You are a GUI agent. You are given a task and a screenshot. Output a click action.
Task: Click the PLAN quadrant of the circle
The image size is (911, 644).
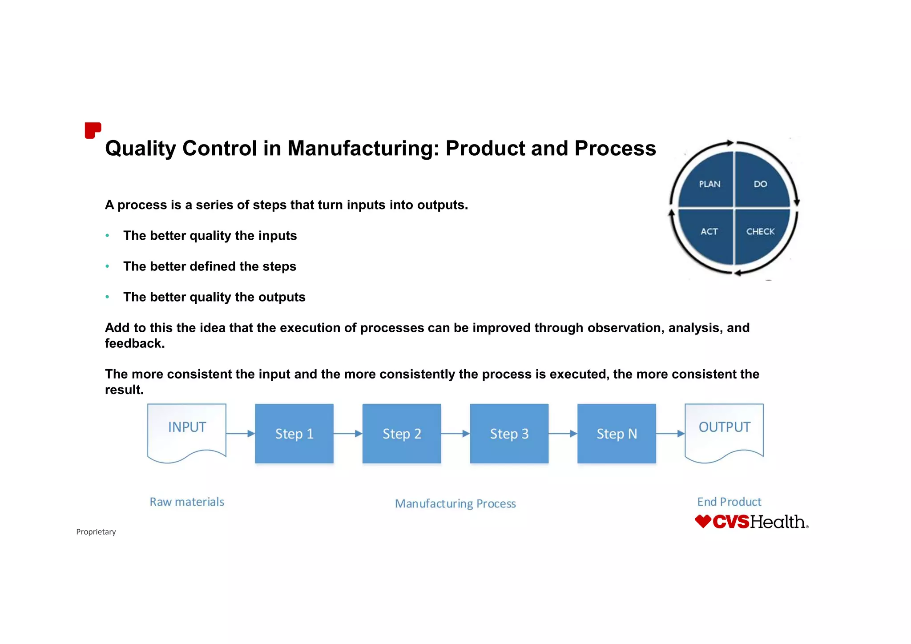coord(709,184)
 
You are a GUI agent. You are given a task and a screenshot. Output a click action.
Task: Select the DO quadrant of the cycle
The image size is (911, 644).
coord(760,184)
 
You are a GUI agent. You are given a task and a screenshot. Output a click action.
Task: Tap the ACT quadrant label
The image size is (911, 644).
coord(709,231)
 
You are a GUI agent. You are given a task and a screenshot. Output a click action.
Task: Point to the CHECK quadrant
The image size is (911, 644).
coord(760,231)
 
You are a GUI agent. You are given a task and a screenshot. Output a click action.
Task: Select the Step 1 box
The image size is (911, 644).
coord(294,434)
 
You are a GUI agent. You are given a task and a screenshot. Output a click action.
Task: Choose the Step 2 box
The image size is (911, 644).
coord(402,434)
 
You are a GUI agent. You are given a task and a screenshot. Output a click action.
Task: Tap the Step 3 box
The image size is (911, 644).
coord(509,434)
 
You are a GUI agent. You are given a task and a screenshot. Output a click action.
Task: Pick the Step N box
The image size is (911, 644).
coord(617,434)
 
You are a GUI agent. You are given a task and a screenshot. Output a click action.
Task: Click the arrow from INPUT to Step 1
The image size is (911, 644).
coord(240,433)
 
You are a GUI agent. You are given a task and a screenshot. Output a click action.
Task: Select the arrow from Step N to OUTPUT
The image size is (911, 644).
coord(670,433)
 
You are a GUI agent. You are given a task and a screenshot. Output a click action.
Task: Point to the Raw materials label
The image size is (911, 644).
coord(187,502)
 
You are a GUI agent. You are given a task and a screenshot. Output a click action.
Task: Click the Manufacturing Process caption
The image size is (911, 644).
coord(455,503)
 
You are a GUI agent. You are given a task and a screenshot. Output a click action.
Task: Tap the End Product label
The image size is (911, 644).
coord(729,502)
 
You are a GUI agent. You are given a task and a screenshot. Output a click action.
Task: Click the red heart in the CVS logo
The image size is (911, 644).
coord(703,521)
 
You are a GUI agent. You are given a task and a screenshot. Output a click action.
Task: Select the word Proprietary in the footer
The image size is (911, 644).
coord(96,532)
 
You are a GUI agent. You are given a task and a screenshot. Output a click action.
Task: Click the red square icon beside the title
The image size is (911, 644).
coord(93,130)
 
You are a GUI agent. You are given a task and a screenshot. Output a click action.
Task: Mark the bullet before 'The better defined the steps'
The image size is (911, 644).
coord(107,266)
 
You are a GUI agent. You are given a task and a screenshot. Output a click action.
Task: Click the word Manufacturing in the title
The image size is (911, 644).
coord(361,148)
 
